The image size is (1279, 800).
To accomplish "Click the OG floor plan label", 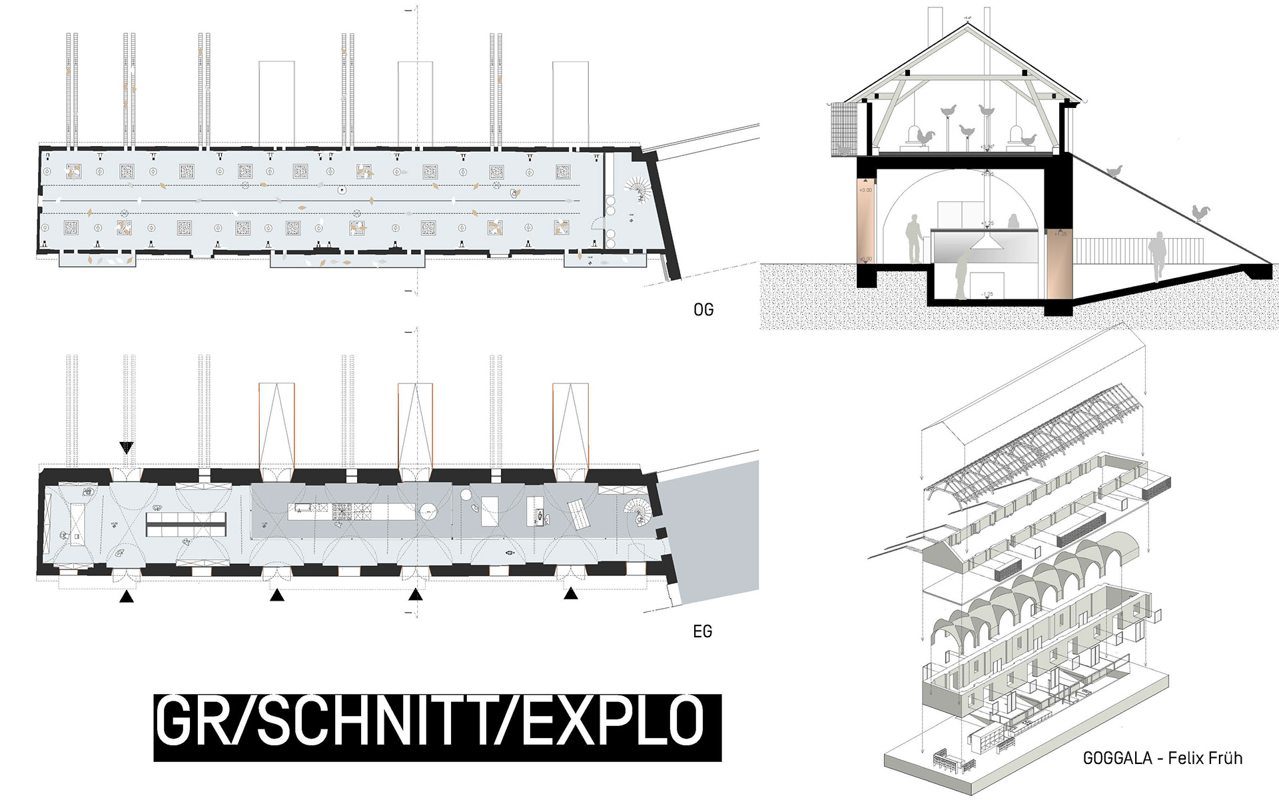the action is click(703, 310).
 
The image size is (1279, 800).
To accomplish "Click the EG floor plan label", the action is click(702, 631).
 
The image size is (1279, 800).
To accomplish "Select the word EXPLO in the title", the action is click(612, 721).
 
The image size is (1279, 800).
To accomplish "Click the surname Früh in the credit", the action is click(1224, 758).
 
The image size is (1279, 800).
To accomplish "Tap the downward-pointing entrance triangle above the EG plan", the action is click(127, 447).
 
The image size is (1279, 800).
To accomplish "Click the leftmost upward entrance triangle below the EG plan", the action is click(127, 597).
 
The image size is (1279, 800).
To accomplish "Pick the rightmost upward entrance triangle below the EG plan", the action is click(571, 593).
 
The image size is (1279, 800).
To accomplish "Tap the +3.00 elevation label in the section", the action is click(865, 190).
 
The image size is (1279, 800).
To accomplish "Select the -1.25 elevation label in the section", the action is click(987, 294).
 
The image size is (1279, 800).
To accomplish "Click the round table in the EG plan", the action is click(428, 513).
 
